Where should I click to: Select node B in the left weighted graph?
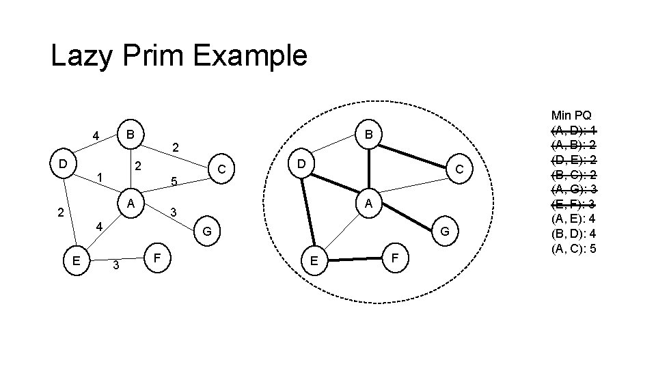[130, 132]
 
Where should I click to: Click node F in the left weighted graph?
[157, 259]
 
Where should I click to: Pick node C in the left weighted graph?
[221, 168]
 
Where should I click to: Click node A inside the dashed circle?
[368, 203]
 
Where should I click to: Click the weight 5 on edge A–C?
[175, 182]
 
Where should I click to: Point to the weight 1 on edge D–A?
[100, 178]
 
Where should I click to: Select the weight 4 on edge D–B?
[97, 135]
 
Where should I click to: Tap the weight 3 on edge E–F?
[116, 265]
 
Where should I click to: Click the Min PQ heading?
[572, 115]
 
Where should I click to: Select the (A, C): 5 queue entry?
[573, 247]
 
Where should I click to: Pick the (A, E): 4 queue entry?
[573, 219]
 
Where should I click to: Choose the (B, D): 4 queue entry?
[573, 233]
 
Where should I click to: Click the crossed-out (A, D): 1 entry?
[573, 130]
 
